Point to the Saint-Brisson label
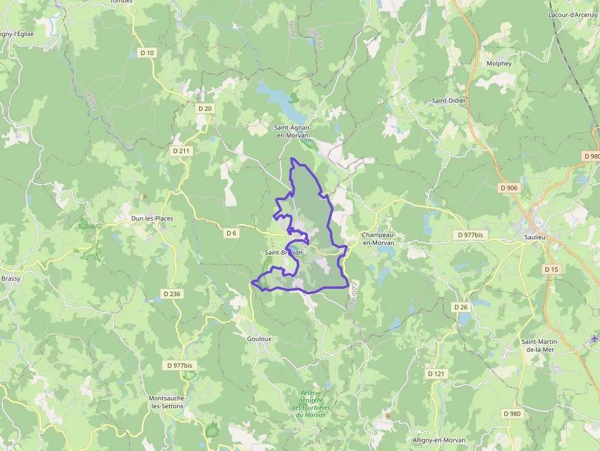[283, 253]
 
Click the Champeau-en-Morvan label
[378, 239]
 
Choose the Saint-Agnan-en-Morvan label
[292, 131]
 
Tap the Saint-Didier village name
[449, 100]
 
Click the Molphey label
[498, 64]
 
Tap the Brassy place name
[10, 278]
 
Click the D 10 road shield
[147, 53]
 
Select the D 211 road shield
[182, 151]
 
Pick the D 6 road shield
[231, 233]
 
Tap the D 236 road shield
[172, 294]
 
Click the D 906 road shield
[509, 187]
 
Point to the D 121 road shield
[436, 373]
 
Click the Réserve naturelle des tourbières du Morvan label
[310, 404]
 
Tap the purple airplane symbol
[593, 338]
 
